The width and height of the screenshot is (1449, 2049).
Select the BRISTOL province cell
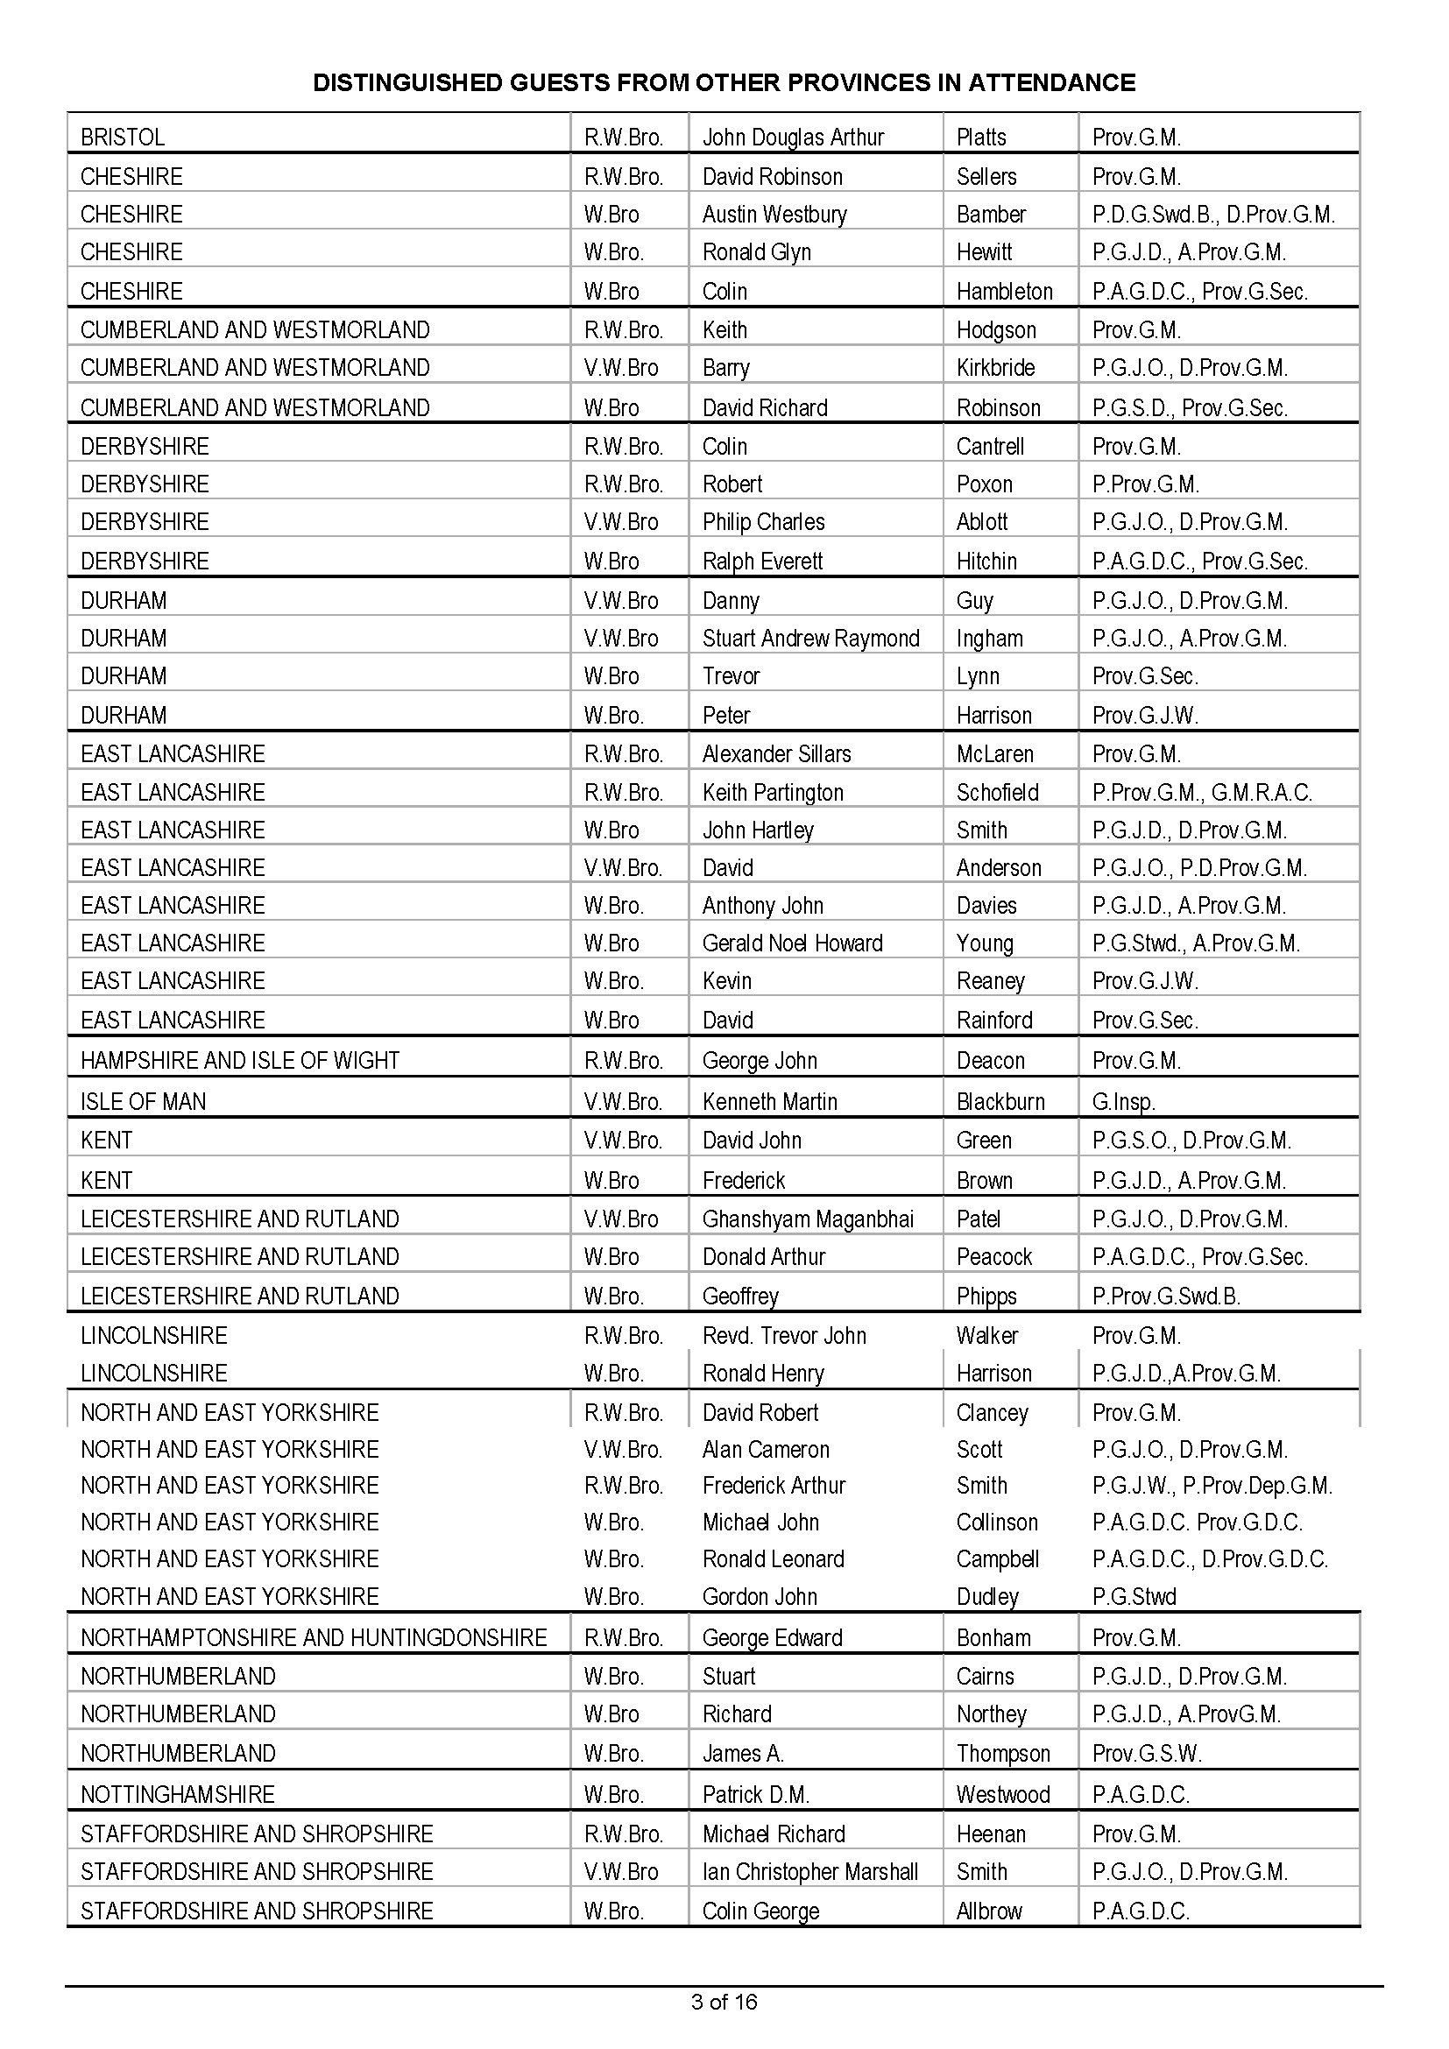pos(124,138)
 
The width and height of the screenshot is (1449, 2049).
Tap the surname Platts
pos(980,138)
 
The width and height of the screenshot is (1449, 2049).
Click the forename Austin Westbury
pos(774,214)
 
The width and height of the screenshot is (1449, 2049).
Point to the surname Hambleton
pos(1005,292)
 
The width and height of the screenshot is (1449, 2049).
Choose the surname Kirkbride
pos(996,368)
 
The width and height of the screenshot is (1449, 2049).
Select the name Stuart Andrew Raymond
pos(810,639)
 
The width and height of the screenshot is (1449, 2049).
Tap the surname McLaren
pos(995,754)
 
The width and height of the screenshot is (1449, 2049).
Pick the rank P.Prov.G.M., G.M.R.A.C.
pos(1202,793)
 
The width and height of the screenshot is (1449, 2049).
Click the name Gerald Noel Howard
pos(792,943)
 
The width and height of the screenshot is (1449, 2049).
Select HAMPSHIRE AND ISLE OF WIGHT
pos(240,1061)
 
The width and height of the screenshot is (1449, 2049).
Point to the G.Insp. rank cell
pos(1123,1102)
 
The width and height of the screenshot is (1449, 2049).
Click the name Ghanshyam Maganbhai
pos(808,1220)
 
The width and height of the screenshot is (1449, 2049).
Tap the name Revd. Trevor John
pos(784,1336)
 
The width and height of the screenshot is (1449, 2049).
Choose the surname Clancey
pos(993,1413)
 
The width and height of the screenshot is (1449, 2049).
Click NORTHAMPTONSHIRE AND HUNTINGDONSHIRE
pos(313,1638)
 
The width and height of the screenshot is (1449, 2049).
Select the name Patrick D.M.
pos(756,1795)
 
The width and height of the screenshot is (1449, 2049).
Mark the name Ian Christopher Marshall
pos(810,1871)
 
